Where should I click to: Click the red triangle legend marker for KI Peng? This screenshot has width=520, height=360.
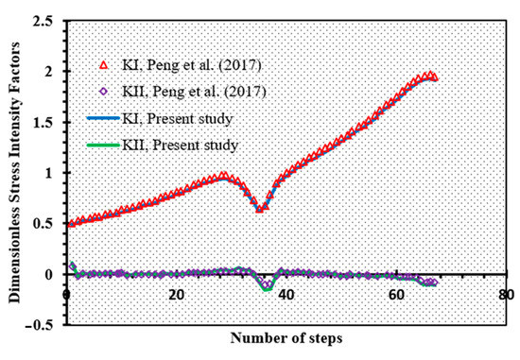click(x=105, y=64)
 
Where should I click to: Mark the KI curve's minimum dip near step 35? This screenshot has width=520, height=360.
click(x=260, y=208)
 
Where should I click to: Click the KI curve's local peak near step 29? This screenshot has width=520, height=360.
click(x=224, y=176)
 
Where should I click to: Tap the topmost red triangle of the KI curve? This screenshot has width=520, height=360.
click(x=429, y=75)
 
